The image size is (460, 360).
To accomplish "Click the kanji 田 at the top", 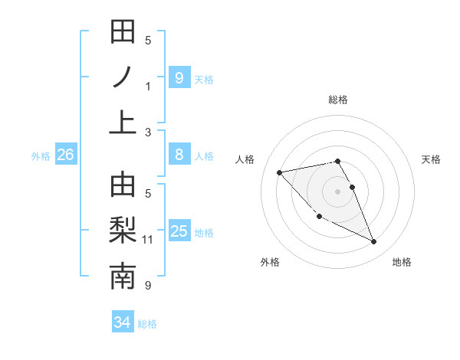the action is point(123,33).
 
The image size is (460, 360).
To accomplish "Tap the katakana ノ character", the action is point(123,77).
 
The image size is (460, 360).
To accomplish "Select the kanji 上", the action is point(123,122).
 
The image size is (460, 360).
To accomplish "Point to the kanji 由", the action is point(123,186).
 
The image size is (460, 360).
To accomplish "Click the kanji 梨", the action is point(123,231).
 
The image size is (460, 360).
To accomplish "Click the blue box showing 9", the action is point(179,77).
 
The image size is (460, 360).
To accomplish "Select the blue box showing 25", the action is point(179,231).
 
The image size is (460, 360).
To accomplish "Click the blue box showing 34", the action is point(122,322).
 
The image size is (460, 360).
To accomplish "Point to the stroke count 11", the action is point(148,240).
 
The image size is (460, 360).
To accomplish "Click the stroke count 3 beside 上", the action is point(148,132).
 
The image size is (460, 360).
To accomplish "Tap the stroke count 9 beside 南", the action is point(148,286).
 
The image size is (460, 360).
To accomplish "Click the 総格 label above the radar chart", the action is point(338,100).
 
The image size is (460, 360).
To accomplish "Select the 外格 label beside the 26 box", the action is point(41,156).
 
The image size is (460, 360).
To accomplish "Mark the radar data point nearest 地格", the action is point(374,242).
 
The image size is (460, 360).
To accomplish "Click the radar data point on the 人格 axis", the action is point(279,172).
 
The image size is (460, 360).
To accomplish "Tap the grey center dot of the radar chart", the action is point(338,191).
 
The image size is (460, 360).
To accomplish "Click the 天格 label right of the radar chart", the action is point(432,159).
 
